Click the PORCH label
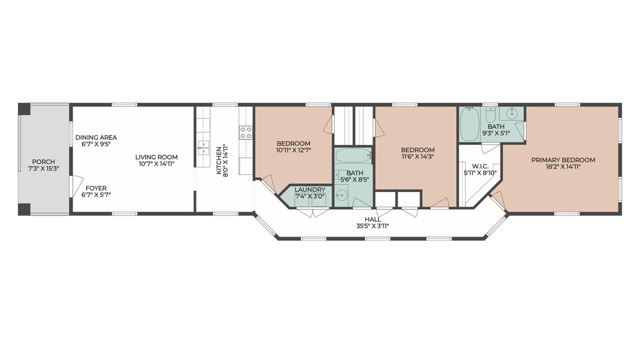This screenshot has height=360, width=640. pyautogui.click(x=43, y=161)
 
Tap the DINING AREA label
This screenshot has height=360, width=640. pyautogui.click(x=96, y=137)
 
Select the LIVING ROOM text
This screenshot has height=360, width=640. pyautogui.click(x=156, y=157)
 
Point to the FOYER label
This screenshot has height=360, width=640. pyautogui.click(x=96, y=188)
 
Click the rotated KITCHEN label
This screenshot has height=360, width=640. pyautogui.click(x=218, y=160)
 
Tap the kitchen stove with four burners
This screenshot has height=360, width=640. pyautogui.click(x=245, y=132)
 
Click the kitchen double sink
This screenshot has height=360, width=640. pyautogui.click(x=203, y=147)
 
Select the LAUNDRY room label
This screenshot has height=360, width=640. pyautogui.click(x=310, y=189)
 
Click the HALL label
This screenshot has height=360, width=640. pyautogui.click(x=372, y=219)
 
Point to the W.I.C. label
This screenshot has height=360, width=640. pyautogui.click(x=480, y=166)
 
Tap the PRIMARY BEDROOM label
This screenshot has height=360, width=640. pyautogui.click(x=563, y=160)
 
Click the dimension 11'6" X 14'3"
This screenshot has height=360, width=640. pyautogui.click(x=417, y=156)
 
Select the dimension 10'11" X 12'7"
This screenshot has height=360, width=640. pyautogui.click(x=293, y=150)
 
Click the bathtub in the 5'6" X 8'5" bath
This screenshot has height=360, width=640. pyautogui.click(x=353, y=155)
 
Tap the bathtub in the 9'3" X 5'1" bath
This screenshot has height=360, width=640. pyautogui.click(x=469, y=124)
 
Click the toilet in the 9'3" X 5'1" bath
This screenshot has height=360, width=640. pyautogui.click(x=491, y=114)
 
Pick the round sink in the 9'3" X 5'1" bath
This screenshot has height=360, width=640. pyautogui.click(x=511, y=113)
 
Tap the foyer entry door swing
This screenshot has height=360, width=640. pyautogui.click(x=76, y=186)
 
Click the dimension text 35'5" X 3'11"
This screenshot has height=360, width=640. pyautogui.click(x=372, y=226)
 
